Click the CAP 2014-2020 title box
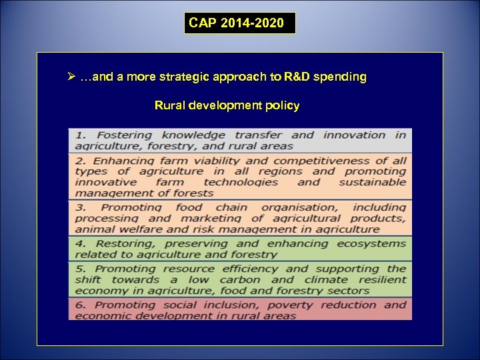click(239, 23)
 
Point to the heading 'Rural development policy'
click(227, 105)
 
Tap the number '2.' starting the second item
click(80, 161)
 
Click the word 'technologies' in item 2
click(241, 182)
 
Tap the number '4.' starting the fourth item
click(80, 243)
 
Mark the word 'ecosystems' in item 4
click(371, 243)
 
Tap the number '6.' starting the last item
click(80, 305)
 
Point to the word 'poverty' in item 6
click(289, 305)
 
